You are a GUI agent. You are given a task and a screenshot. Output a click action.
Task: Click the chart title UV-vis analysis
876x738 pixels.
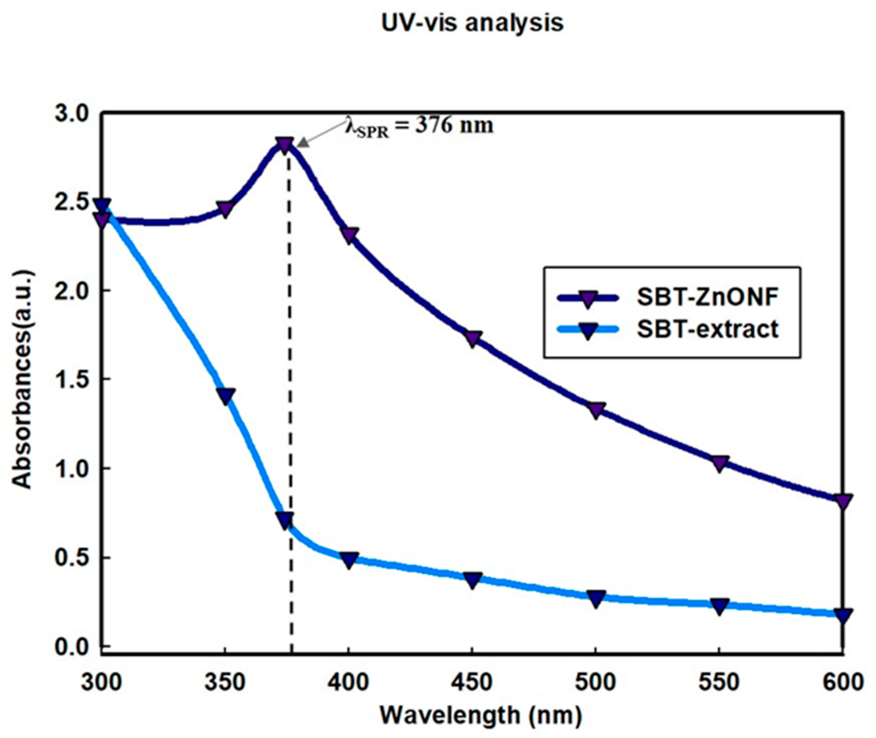point(472,24)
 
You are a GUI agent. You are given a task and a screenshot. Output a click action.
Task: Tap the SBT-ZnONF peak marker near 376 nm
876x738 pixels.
point(285,145)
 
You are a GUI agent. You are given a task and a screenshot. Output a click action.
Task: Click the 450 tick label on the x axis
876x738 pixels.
point(472,682)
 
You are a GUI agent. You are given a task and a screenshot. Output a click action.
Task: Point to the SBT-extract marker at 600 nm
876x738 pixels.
point(842,615)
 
